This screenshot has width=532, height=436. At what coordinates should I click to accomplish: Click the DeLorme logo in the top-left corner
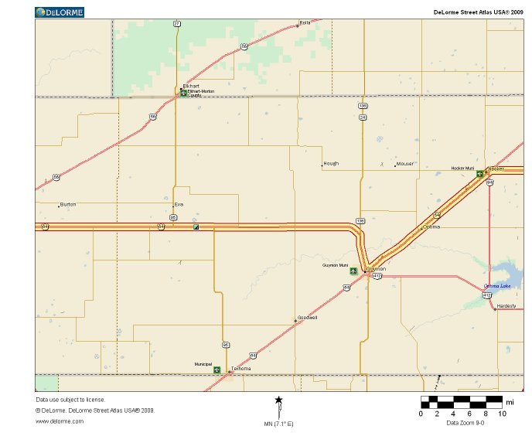[60, 12]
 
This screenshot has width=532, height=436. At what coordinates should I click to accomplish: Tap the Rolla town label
[305, 22]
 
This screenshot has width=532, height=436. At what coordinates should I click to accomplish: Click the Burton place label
[68, 204]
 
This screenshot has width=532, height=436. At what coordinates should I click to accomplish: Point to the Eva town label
[179, 204]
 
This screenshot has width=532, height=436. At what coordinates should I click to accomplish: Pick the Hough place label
[331, 164]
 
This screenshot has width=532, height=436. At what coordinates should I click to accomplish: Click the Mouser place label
[404, 164]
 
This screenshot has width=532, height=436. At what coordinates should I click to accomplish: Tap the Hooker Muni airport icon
[479, 173]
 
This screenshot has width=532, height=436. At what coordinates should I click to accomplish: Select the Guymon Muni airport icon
[353, 271]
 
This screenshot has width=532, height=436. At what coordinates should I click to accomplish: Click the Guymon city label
[377, 268]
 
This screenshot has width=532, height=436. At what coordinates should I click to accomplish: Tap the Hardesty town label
[506, 306]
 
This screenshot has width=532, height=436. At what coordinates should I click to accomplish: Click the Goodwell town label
[307, 318]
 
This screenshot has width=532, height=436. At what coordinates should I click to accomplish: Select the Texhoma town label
[241, 369]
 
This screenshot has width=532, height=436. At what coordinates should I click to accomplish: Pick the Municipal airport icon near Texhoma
[217, 370]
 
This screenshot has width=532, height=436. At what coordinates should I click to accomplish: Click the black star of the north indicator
[279, 400]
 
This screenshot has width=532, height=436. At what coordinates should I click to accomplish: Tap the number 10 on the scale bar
[502, 414]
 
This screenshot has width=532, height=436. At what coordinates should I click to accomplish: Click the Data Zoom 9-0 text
[465, 424]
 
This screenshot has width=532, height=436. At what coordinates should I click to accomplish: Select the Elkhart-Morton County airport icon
[183, 93]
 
